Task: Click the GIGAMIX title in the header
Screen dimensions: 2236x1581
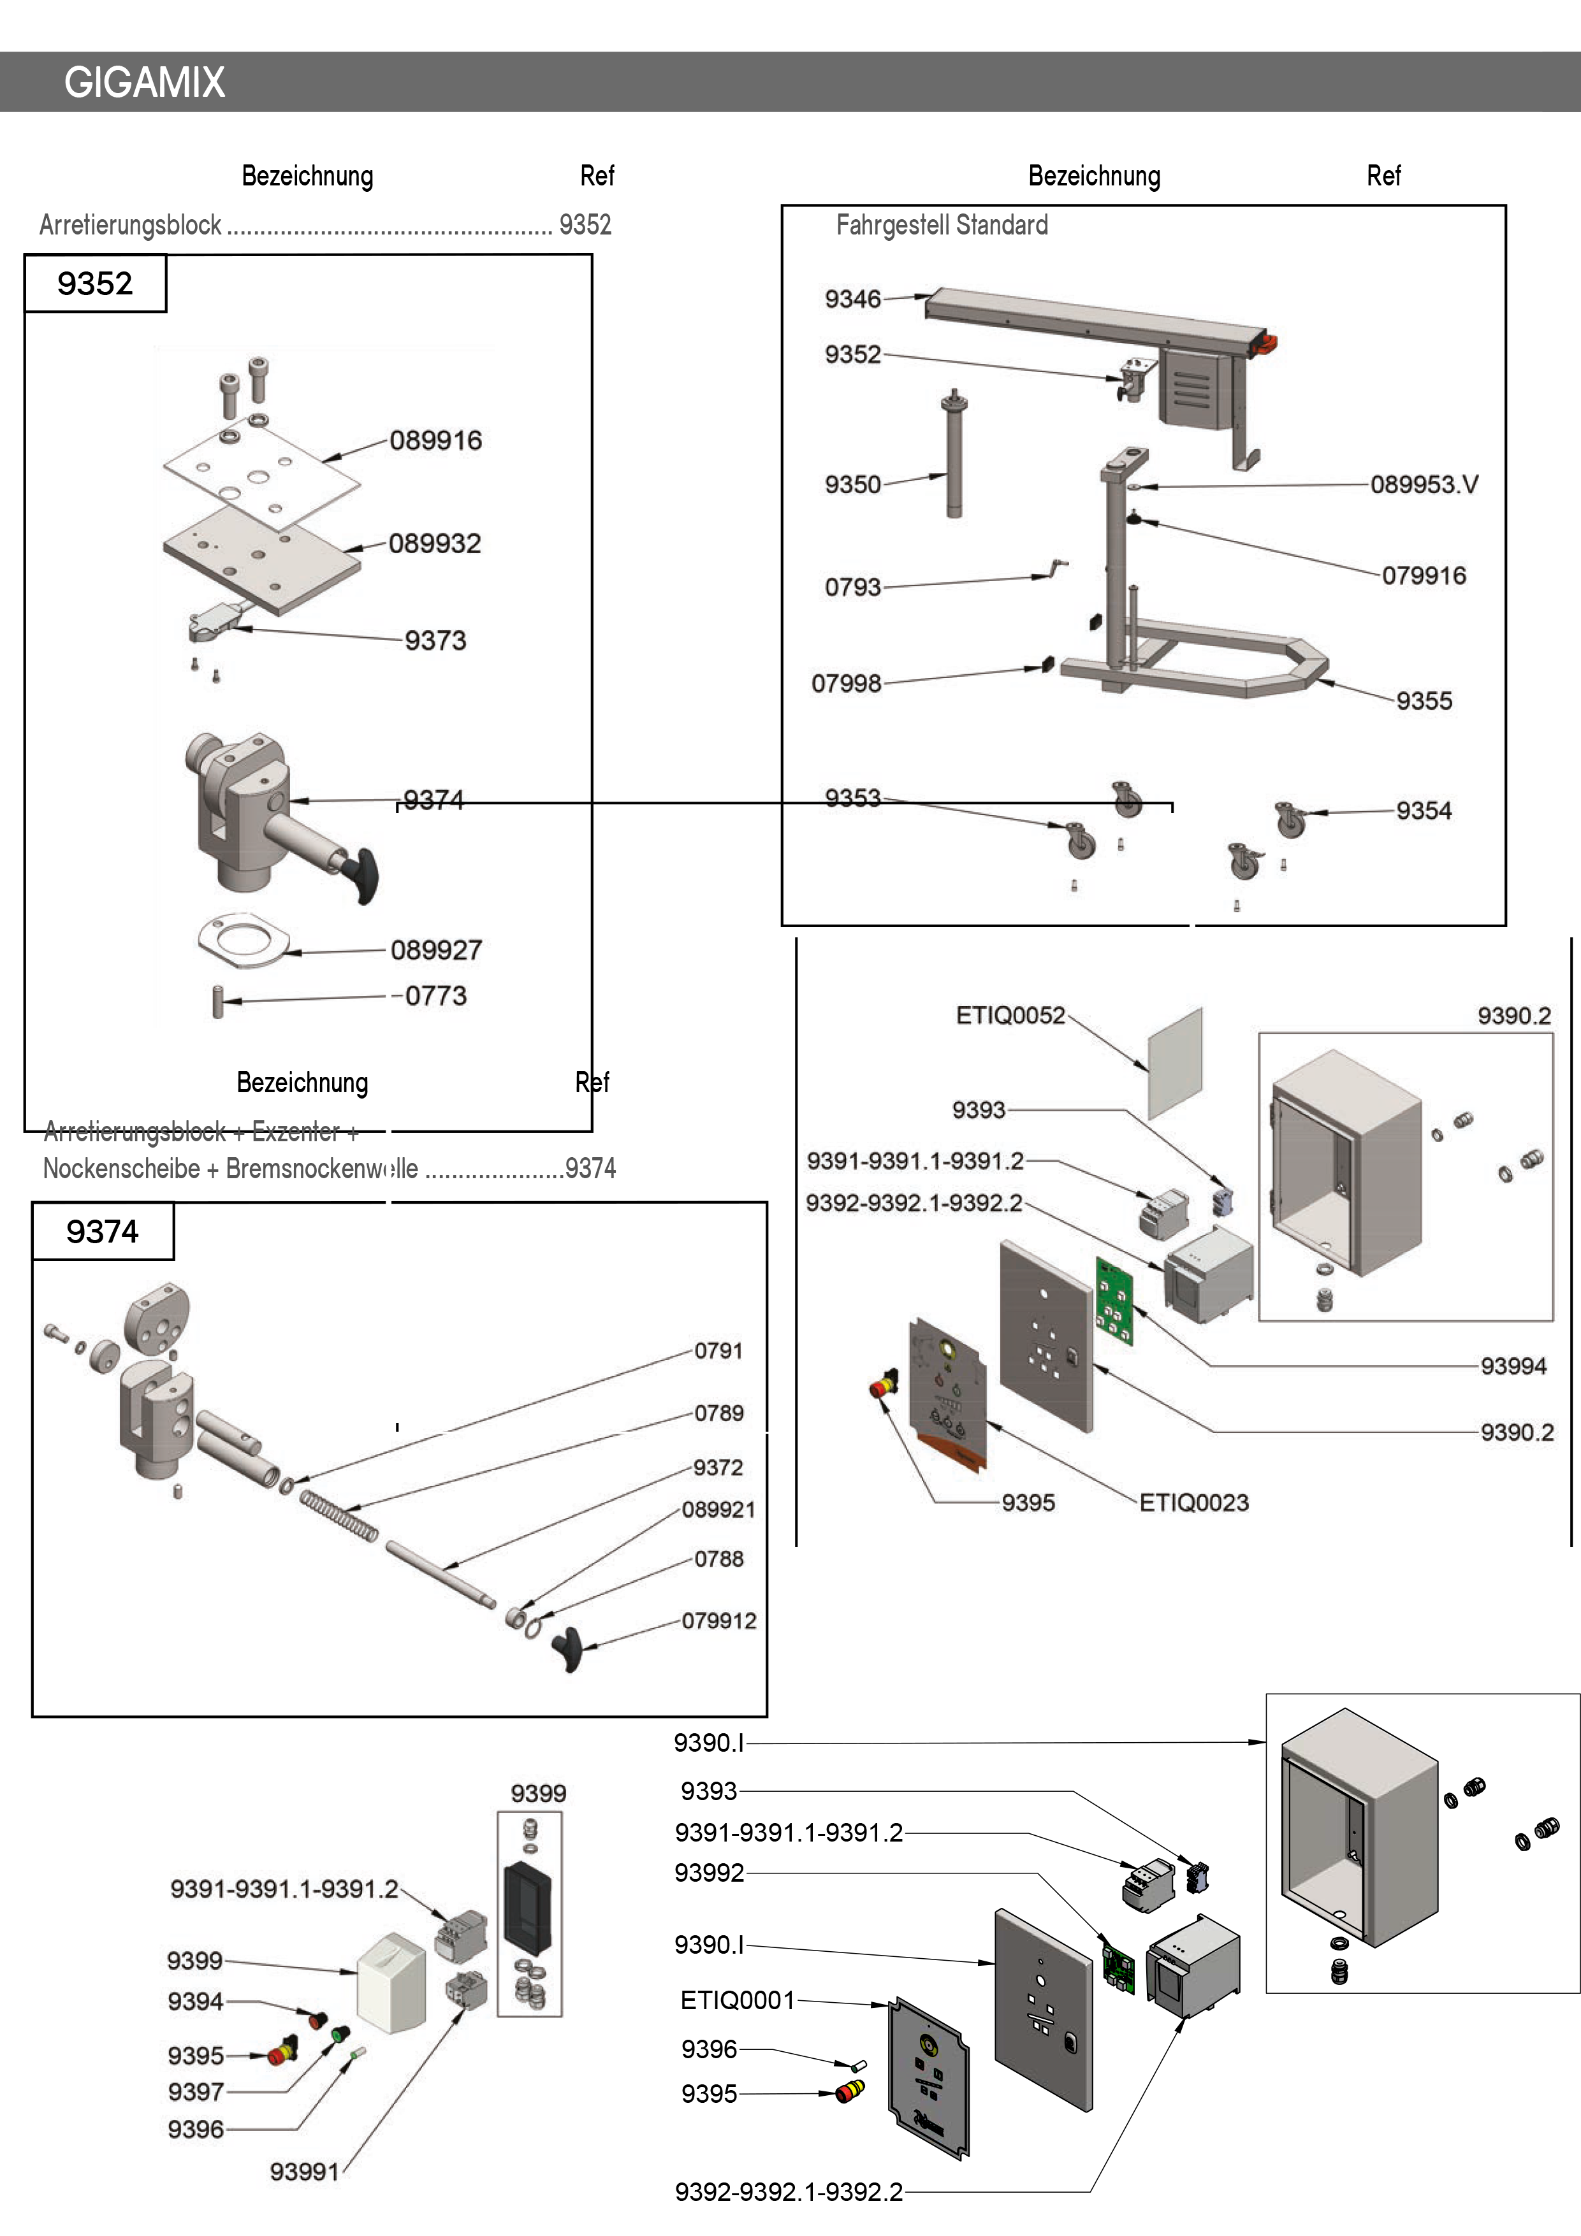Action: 144,83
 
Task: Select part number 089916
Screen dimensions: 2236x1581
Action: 435,441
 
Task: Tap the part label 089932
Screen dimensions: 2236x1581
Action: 435,544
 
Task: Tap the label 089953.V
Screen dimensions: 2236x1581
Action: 1424,485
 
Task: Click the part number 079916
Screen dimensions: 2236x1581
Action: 1423,575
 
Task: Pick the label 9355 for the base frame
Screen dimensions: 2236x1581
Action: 1423,701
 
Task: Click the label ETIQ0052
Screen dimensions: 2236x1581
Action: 1010,1016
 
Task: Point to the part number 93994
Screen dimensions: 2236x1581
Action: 1513,1366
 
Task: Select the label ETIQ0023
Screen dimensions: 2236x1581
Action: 1193,1503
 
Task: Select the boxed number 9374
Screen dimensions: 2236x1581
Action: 102,1232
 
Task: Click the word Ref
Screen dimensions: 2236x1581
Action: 592,1082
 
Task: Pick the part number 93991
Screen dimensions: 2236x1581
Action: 304,2172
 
